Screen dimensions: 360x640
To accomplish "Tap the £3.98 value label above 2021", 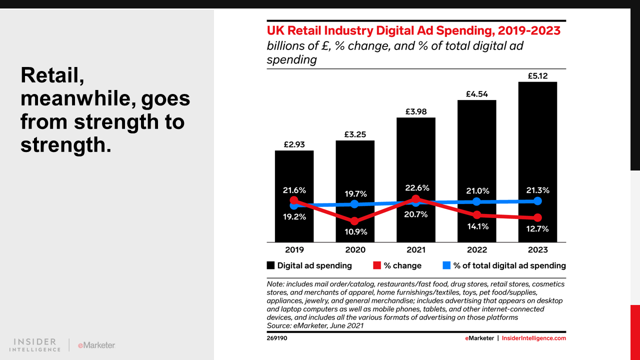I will [x=415, y=111].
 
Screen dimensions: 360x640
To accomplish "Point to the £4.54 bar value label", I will [x=476, y=93].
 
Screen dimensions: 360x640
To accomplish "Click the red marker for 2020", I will [x=354, y=221].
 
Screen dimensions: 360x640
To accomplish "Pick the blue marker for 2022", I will [x=476, y=201].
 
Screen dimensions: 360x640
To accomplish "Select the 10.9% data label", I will [x=355, y=232].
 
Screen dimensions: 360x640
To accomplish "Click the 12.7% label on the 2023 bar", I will [x=537, y=229].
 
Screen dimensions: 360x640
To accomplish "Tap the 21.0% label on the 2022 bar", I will [x=476, y=191].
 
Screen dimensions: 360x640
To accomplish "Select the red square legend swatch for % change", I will [x=377, y=265].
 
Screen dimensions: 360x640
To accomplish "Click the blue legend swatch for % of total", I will [x=446, y=265].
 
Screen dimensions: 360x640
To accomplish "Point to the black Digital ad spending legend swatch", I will [x=270, y=265].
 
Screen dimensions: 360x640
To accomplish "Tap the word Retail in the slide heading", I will [x=52, y=75].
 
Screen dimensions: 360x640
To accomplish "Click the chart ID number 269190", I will [x=277, y=338].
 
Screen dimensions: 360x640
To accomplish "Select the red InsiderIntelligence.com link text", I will [x=533, y=338].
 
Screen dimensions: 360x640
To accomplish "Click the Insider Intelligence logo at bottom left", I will [x=35, y=345].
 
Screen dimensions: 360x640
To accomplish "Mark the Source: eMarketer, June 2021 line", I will [x=315, y=325].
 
